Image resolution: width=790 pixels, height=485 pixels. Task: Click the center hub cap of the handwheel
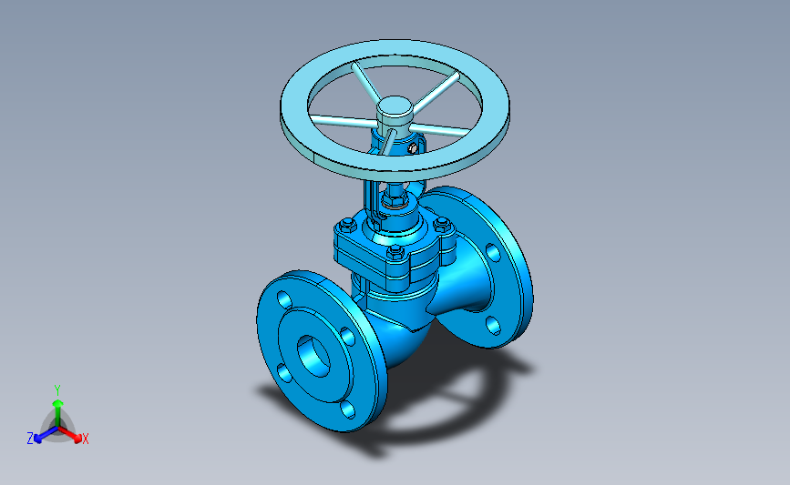395,107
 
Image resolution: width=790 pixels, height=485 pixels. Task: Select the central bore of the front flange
313,356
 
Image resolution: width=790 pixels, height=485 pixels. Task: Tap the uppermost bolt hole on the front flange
284,300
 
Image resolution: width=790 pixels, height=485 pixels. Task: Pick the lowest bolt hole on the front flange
348,409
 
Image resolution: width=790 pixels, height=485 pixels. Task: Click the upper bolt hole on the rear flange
493,253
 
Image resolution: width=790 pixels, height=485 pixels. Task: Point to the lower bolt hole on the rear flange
493,326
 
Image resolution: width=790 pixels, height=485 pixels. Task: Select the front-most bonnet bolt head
395,252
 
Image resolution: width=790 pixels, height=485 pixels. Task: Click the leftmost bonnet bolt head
347,225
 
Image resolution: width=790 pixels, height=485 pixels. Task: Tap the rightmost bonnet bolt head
442,223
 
